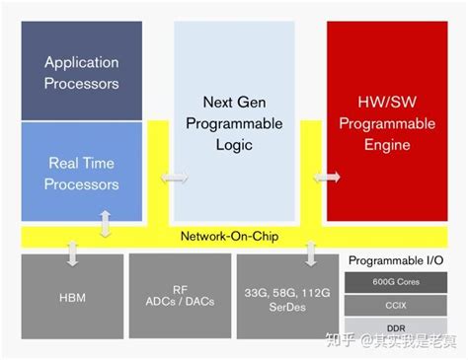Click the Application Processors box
82,71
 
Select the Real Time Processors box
82,172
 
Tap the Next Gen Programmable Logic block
234,121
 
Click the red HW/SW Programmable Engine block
387,121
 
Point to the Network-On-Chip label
230,236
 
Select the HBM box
72,296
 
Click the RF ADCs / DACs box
180,296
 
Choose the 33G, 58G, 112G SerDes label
287,300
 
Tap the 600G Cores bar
396,282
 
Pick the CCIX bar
396,306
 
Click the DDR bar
396,327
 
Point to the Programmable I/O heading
396,260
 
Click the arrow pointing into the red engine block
327,178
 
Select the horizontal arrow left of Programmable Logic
175,178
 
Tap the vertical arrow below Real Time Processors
105,224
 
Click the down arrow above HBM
72,253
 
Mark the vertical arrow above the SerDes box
311,253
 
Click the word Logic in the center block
234,145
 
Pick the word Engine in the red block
387,145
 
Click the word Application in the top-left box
82,62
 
